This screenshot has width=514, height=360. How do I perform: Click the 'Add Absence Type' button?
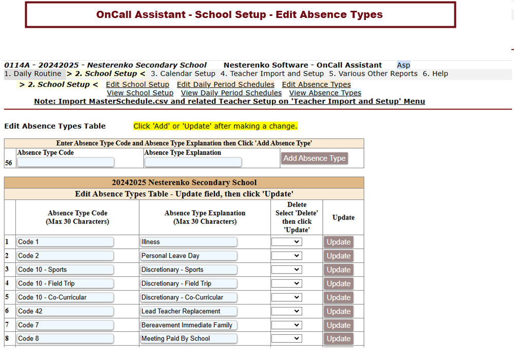[x=315, y=158]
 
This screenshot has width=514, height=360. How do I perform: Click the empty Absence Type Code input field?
[x=65, y=163]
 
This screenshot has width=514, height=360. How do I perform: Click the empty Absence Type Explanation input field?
[x=193, y=163]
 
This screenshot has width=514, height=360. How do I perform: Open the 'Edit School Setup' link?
[x=137, y=84]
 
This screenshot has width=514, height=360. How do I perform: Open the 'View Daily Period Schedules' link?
[x=231, y=93]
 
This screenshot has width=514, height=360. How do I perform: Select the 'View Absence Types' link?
[x=325, y=93]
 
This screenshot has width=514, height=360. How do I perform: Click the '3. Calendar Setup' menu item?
[x=183, y=74]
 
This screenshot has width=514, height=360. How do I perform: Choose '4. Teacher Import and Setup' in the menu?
[x=272, y=74]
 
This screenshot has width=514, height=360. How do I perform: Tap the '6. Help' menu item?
[x=435, y=74]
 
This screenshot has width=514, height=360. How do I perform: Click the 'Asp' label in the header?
[x=403, y=65]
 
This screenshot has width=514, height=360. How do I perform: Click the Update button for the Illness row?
[x=338, y=242]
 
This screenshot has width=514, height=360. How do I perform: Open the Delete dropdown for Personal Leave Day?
[x=286, y=256]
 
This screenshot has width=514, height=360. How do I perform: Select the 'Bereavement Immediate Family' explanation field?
[x=188, y=325]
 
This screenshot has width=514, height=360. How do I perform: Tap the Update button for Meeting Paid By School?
[x=338, y=339]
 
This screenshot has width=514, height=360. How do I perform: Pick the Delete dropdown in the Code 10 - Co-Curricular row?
[x=286, y=297]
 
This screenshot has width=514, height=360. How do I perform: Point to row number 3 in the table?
[x=7, y=269]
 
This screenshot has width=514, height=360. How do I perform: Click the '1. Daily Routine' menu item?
[x=32, y=74]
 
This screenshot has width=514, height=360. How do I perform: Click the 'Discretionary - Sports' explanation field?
[x=188, y=269]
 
